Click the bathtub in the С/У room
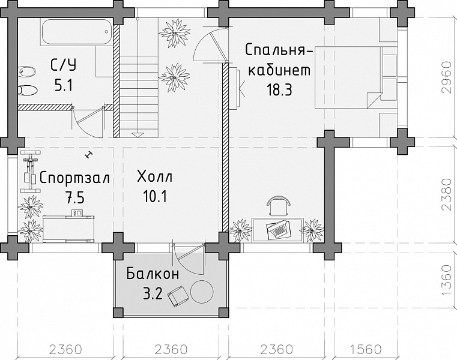(76, 32)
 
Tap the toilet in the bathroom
(27, 90)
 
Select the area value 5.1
(64, 86)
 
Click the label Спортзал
(74, 178)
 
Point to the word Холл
(155, 176)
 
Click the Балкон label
(153, 274)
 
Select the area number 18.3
(279, 90)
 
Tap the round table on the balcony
(202, 291)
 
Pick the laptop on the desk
(278, 230)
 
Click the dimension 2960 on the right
(446, 77)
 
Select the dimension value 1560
(366, 349)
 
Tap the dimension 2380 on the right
(446, 194)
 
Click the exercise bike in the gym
(30, 172)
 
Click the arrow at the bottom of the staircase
(138, 134)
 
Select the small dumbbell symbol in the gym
(87, 154)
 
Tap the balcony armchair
(178, 296)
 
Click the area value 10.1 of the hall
(155, 197)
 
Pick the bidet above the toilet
(27, 71)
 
